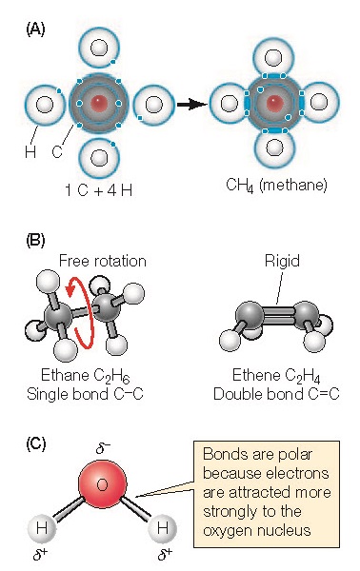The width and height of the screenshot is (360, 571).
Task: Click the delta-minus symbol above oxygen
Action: coord(105,444)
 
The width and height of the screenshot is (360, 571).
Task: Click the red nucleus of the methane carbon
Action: coord(276,102)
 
